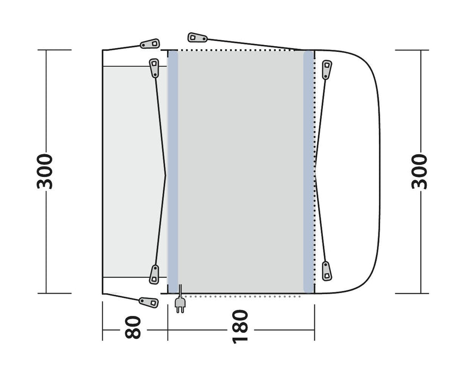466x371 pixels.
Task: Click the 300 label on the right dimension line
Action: click(419, 171)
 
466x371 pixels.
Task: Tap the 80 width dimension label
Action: click(134, 327)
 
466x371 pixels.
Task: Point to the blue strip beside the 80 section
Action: click(173, 171)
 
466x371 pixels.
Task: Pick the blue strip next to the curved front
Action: click(309, 171)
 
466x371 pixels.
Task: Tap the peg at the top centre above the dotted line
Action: click(198, 38)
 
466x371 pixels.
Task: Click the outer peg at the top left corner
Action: click(150, 43)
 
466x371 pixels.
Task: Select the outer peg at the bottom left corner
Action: click(148, 302)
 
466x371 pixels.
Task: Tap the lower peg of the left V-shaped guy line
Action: click(154, 273)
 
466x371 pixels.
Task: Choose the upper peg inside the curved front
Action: click(327, 69)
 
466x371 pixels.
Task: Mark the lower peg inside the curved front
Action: click(327, 271)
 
